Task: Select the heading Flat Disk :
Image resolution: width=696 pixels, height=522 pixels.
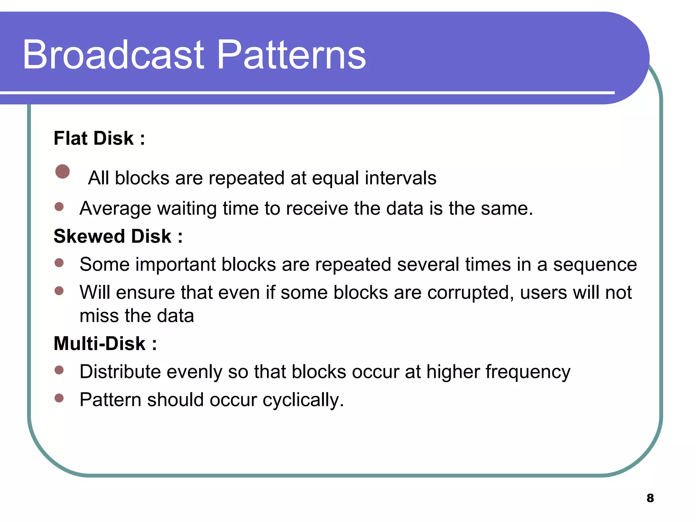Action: (99, 138)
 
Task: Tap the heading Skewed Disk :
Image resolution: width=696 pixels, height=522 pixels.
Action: (118, 236)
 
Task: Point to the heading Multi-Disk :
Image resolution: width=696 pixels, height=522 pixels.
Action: (105, 343)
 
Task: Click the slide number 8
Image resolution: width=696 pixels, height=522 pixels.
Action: (650, 498)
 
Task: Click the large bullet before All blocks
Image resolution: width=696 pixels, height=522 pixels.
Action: (63, 172)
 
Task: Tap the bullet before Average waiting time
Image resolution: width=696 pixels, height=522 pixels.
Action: (59, 207)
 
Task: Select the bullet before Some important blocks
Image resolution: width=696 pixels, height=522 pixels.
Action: (59, 263)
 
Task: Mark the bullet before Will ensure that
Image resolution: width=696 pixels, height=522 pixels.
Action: (59, 291)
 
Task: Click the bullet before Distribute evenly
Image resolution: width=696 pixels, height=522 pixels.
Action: (59, 370)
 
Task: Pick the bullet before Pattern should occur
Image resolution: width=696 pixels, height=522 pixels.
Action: (59, 398)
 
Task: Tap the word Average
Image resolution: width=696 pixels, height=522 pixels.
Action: (115, 208)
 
